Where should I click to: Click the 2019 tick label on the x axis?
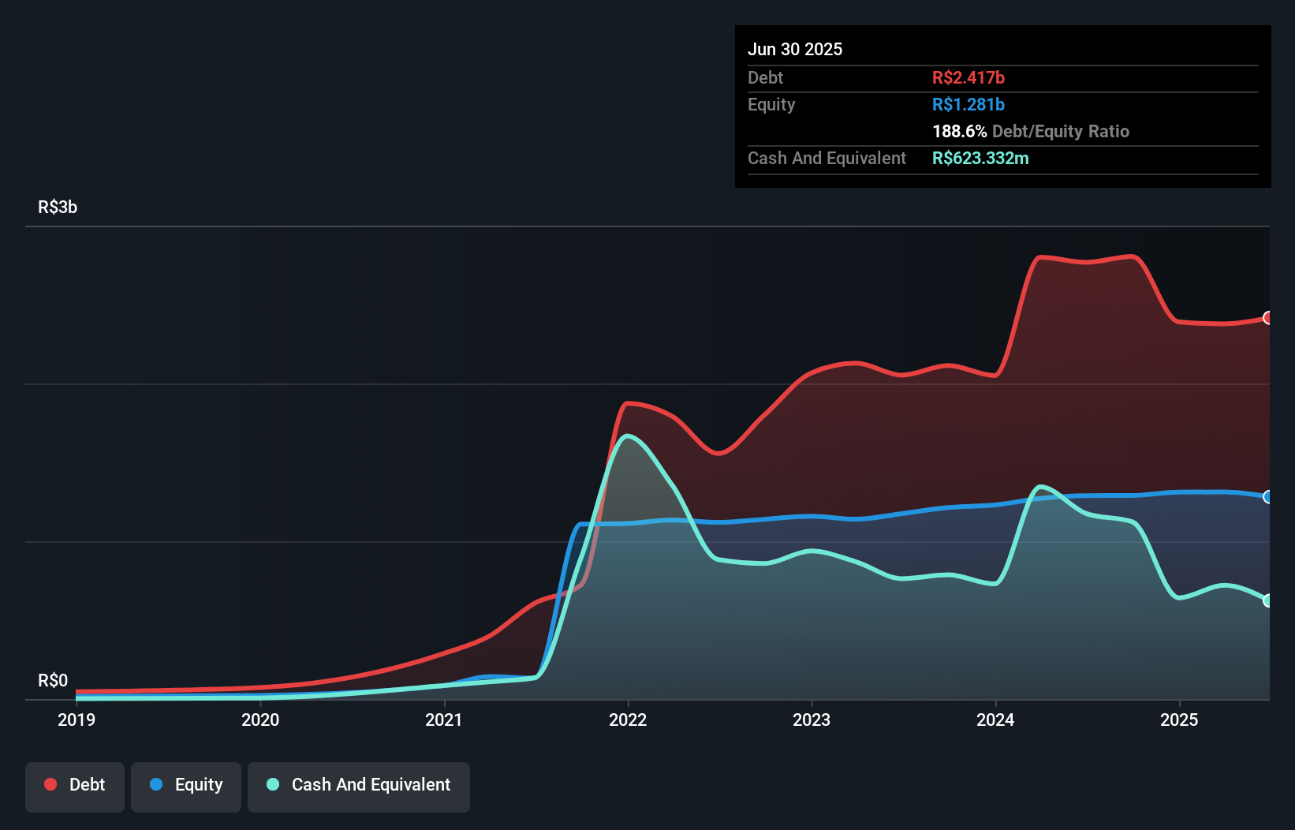tap(77, 720)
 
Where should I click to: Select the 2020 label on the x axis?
tap(260, 720)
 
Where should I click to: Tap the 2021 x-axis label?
tap(444, 720)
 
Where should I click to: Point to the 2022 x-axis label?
tap(628, 720)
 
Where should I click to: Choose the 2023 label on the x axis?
tap(812, 720)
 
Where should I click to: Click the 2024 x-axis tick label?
tap(995, 720)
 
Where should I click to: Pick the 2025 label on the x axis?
tap(1179, 720)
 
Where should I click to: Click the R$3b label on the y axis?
tap(58, 207)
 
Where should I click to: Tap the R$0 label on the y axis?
tap(53, 680)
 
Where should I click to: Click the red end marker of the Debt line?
tap(1267, 318)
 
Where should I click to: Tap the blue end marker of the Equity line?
tap(1267, 497)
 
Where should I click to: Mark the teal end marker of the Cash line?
tap(1267, 600)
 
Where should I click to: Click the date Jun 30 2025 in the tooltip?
tap(795, 49)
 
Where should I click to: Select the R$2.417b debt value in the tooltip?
tap(968, 77)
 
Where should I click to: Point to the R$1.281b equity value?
tap(968, 104)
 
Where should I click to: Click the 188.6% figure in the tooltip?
tap(959, 131)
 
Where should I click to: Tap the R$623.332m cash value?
tap(980, 158)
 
